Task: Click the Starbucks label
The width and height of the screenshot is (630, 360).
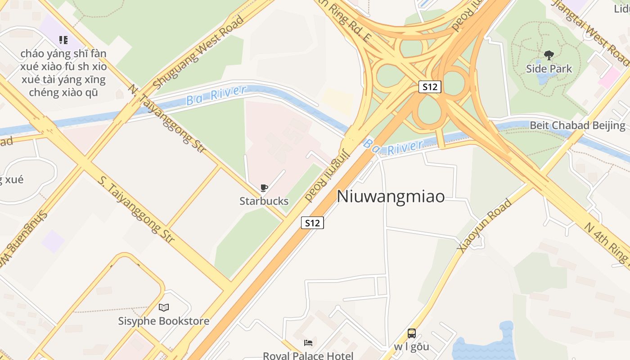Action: tap(264, 201)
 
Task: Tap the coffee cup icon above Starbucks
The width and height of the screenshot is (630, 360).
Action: tap(264, 188)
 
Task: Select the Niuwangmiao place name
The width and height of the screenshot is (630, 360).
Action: tap(391, 196)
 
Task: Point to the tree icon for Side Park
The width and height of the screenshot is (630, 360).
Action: tap(549, 55)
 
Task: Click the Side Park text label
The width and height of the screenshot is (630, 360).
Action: tap(549, 69)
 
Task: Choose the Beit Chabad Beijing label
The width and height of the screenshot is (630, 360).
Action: tap(577, 125)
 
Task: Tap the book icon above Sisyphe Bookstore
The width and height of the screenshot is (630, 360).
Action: tap(164, 308)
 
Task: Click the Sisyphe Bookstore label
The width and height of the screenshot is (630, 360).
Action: tap(164, 321)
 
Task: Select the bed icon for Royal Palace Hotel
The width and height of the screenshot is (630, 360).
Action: tap(308, 343)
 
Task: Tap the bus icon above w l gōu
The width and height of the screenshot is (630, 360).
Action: tap(411, 333)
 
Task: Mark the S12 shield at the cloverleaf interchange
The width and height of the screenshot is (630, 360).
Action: tap(429, 87)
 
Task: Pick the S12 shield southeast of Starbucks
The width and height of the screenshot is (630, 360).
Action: tap(312, 222)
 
